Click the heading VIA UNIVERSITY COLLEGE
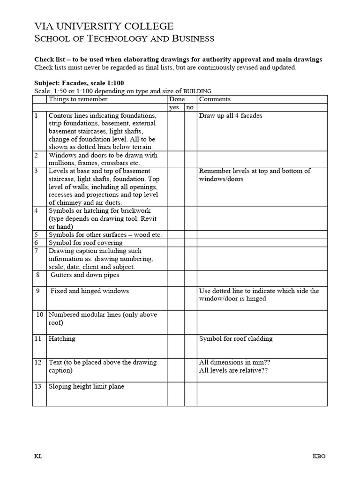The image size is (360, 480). pos(104,26)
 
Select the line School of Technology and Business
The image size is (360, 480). pos(124,39)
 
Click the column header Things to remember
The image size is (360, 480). pos(78,99)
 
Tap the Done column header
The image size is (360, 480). pos(177,99)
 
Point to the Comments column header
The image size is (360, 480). pos(215,99)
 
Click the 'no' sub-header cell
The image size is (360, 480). pos(190,107)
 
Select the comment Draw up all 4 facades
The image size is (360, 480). pos(230,116)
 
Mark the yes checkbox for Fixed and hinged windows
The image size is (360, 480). pos(175,299)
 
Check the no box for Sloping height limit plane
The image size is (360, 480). pos(190,394)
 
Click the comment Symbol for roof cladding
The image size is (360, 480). pos(236,339)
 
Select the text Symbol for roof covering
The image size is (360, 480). pos(86,243)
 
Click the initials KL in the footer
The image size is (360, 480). pos(38,457)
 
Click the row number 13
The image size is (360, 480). pos(38,387)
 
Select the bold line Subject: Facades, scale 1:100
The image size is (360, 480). pos(79,83)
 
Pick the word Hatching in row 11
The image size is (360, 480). pos(62,339)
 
